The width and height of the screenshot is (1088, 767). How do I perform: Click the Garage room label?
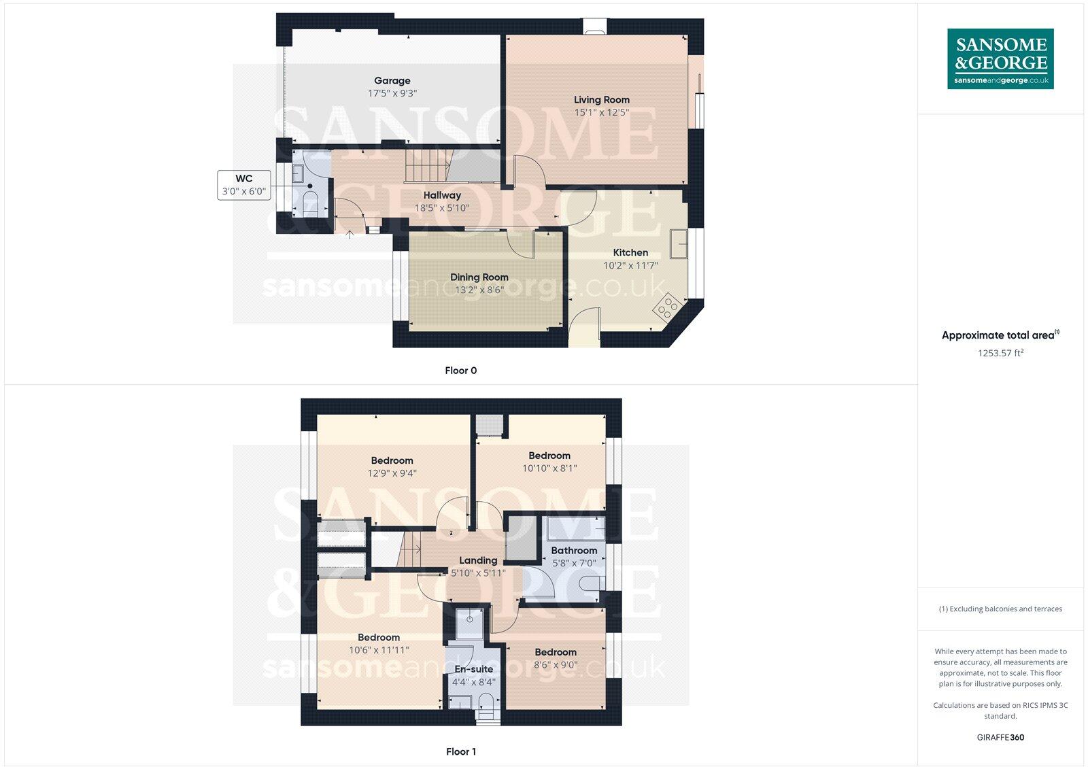pos(392,80)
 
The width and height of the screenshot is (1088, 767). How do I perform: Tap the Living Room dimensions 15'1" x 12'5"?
pos(601,112)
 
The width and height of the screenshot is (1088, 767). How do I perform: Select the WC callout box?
pos(243,185)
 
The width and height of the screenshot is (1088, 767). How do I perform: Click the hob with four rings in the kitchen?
pos(666,307)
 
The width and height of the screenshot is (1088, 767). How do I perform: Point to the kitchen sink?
pos(678,244)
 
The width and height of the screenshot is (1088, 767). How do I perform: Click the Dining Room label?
pos(479,277)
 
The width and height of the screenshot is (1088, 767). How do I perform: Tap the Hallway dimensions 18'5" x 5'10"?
pos(442,207)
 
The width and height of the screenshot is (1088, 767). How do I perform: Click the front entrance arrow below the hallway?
pos(350,235)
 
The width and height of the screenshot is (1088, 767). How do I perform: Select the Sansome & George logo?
pos(1000,58)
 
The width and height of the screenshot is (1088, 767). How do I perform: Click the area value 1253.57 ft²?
pos(1000,353)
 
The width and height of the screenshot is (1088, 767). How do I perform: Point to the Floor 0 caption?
pos(460,371)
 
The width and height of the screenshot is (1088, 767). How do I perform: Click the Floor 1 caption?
pos(460,751)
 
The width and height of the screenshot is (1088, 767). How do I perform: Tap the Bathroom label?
pos(574,550)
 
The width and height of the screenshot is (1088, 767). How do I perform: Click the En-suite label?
pos(474,669)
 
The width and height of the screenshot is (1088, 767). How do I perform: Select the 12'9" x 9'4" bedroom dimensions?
pos(392,473)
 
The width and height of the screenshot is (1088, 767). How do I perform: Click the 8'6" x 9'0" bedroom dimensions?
pos(555,665)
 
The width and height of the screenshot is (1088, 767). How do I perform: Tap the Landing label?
pos(478,560)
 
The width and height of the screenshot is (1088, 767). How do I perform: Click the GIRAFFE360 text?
pos(1000,737)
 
